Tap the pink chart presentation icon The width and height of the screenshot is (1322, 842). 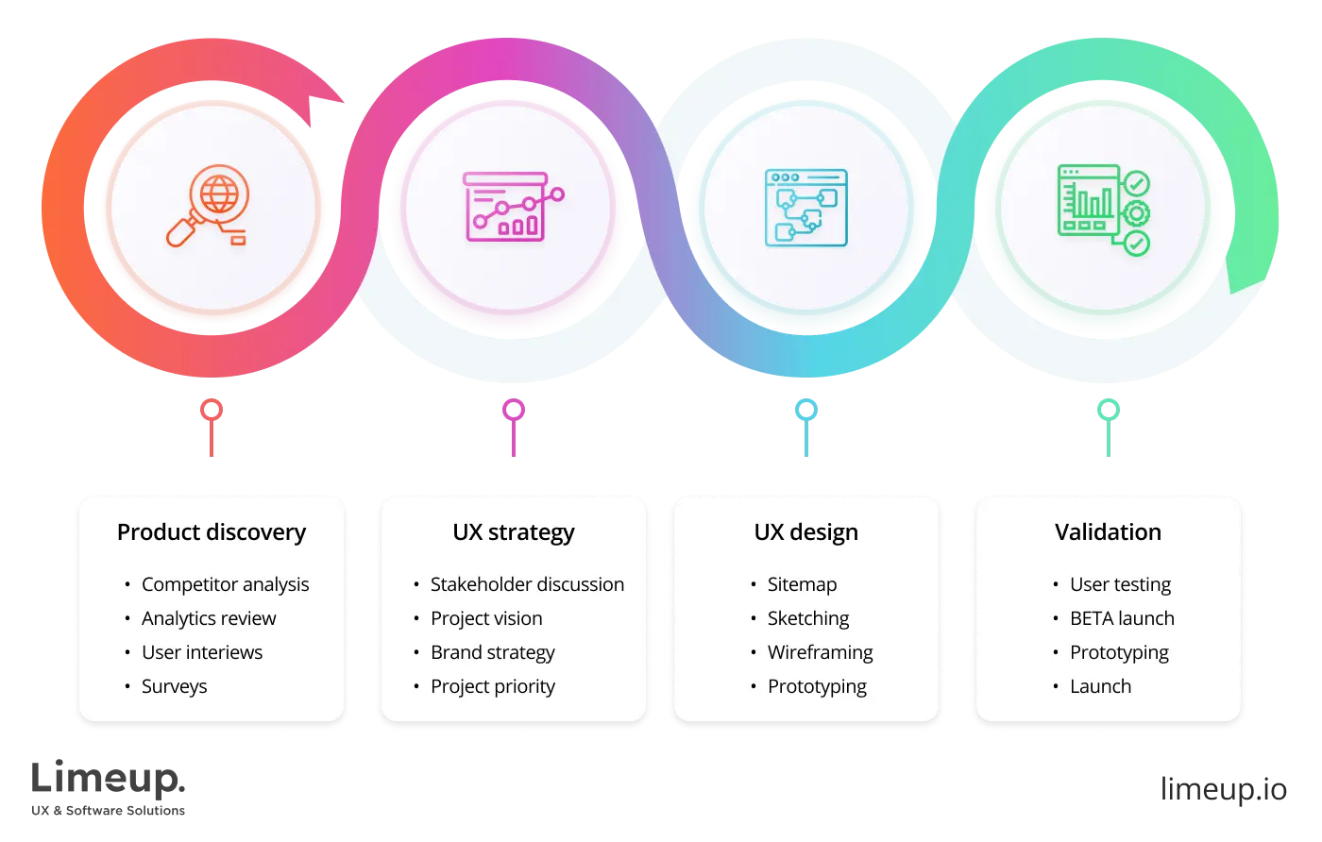(511, 206)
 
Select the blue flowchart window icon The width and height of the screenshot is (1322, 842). (805, 208)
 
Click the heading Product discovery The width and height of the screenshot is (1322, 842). (212, 532)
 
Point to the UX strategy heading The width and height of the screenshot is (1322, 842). (513, 532)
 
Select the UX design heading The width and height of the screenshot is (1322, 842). (805, 532)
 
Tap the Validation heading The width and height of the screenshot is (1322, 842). (1108, 532)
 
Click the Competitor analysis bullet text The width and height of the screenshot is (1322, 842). (225, 584)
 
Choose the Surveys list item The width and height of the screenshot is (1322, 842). (174, 686)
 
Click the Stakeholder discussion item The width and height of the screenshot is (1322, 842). (527, 584)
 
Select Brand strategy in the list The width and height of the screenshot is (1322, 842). (492, 652)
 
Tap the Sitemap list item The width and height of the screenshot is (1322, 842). (802, 584)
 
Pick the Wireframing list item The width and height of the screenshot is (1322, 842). (820, 652)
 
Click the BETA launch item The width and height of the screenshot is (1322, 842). (1122, 618)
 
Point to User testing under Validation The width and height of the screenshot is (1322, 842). (1120, 584)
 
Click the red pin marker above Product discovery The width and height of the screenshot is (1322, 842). (212, 411)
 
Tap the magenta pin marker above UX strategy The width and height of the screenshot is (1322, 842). (513, 411)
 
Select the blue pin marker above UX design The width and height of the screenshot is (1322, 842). (805, 411)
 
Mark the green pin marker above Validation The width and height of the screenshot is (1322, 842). (1108, 411)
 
